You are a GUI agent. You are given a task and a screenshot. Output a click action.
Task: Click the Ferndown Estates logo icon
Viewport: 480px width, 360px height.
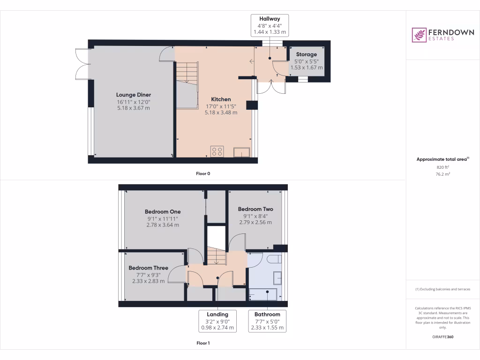click(419, 35)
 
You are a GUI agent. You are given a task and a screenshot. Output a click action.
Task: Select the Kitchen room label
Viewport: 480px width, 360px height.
click(221, 99)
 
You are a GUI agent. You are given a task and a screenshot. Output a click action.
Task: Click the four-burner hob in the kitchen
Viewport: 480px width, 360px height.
click(217, 151)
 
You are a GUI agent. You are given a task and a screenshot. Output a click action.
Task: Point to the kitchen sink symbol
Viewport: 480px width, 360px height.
click(242, 152)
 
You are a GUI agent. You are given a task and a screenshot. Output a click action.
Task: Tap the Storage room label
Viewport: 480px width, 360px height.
click(306, 54)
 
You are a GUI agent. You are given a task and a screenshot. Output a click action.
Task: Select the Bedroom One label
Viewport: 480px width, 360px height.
click(162, 212)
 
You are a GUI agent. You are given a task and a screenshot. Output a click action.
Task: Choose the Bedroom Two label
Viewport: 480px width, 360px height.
click(255, 209)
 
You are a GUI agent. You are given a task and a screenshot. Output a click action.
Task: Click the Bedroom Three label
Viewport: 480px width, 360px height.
click(148, 268)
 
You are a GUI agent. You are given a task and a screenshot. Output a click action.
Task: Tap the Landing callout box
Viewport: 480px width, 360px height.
click(217, 321)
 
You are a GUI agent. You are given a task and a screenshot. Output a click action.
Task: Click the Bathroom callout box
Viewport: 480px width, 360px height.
click(267, 321)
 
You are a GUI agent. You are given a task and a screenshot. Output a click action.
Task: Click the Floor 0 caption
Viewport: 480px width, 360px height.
click(203, 173)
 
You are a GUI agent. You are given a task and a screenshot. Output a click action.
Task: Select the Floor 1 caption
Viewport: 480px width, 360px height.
click(203, 343)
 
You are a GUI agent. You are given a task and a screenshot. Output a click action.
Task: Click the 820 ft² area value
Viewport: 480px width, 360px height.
click(443, 167)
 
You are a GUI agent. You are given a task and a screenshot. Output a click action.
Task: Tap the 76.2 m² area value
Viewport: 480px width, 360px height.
click(443, 174)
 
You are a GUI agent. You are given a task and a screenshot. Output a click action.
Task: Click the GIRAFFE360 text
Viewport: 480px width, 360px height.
click(443, 337)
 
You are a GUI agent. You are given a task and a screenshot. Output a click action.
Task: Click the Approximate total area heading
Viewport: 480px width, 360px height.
click(442, 159)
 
